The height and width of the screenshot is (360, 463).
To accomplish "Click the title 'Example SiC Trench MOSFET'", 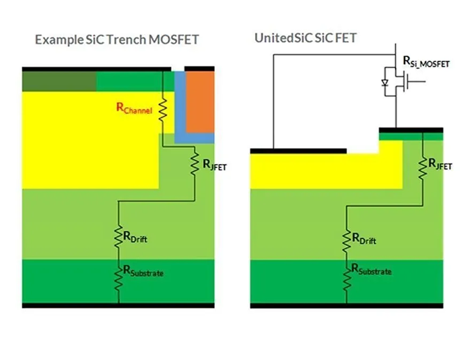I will (x=117, y=39).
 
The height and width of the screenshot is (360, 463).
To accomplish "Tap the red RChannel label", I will (x=134, y=108).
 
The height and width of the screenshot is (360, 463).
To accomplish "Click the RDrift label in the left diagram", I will (x=133, y=238).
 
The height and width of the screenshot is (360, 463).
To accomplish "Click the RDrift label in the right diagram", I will (x=364, y=238).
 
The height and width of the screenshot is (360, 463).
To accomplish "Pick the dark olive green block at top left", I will (x=58, y=81).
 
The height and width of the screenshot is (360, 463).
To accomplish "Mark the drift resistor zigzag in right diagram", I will (x=347, y=239).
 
